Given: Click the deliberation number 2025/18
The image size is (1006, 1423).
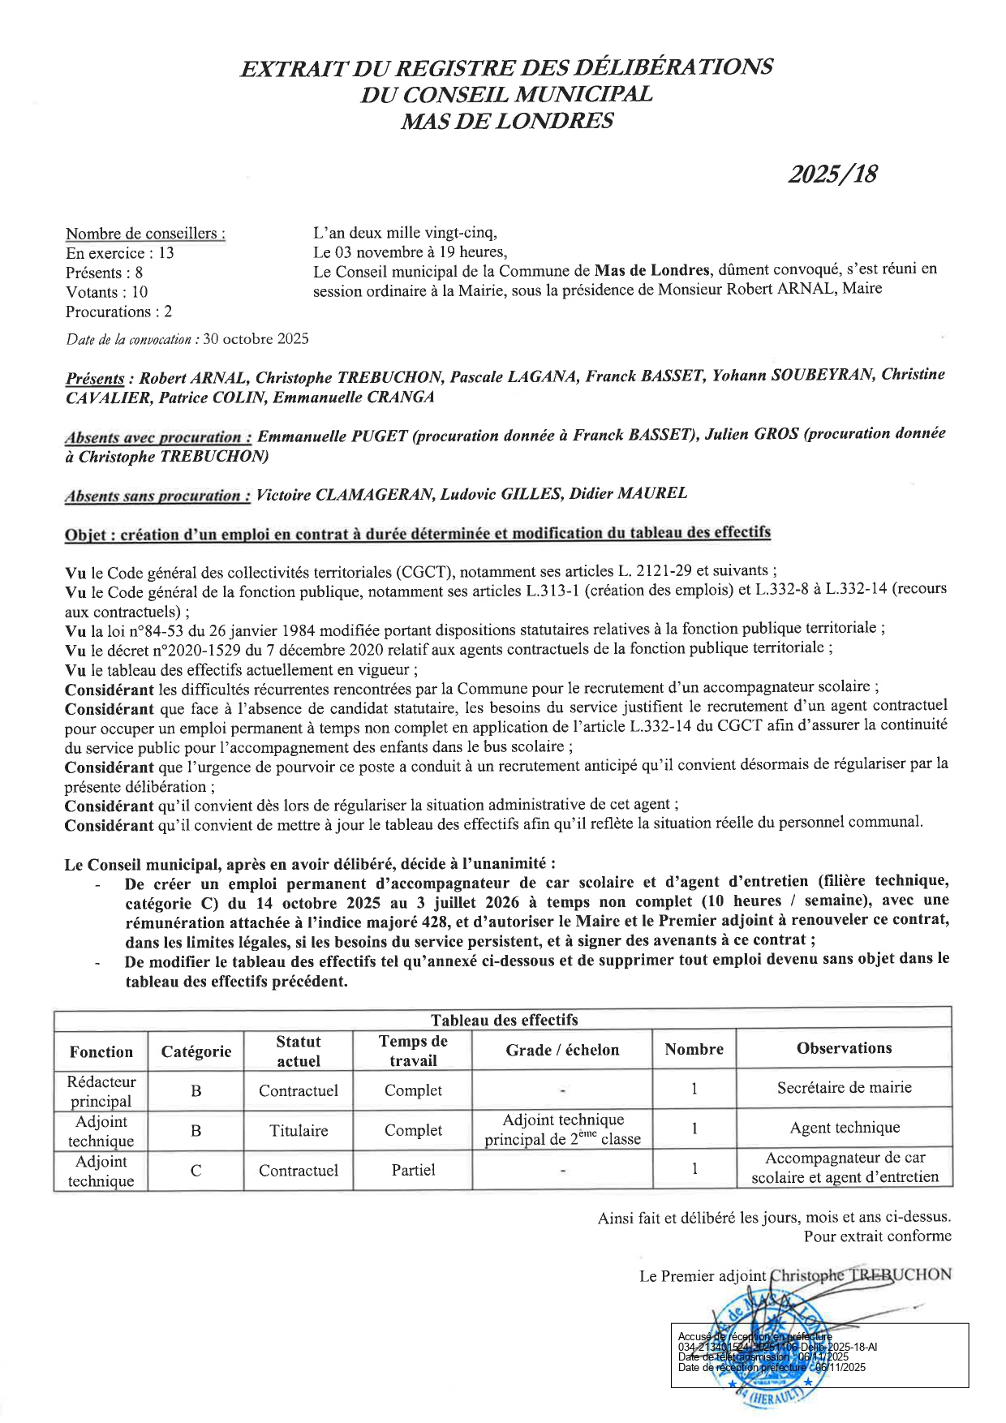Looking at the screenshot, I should [832, 174].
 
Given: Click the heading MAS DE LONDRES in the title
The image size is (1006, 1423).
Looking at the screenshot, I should [507, 122].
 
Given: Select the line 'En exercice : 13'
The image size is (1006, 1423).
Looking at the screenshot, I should [120, 253].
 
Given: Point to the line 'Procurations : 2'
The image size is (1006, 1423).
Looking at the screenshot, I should [118, 312].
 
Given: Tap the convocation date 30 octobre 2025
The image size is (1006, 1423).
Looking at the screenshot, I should [256, 339].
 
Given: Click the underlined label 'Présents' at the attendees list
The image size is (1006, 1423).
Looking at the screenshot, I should [95, 379].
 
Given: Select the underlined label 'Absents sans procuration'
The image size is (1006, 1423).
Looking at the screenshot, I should [157, 496].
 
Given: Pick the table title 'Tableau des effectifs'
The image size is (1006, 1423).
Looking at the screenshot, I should [504, 1020].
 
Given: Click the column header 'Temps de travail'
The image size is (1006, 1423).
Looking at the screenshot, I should [413, 1051].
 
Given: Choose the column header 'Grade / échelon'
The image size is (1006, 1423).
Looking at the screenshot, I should [562, 1050].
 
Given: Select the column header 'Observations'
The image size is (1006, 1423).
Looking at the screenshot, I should [844, 1048].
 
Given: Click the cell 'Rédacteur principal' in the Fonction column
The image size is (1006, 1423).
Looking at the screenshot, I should [101, 1091].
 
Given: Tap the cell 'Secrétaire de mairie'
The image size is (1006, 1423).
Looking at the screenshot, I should [844, 1088].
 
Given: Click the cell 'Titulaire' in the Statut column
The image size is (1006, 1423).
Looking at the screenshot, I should [299, 1130].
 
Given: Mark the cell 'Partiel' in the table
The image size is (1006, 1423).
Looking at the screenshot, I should [413, 1170].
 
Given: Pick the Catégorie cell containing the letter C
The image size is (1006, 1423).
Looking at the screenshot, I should [196, 1171].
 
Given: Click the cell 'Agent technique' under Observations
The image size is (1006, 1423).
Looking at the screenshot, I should [845, 1128].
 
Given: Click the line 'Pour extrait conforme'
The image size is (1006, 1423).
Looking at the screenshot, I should [877, 1236].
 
